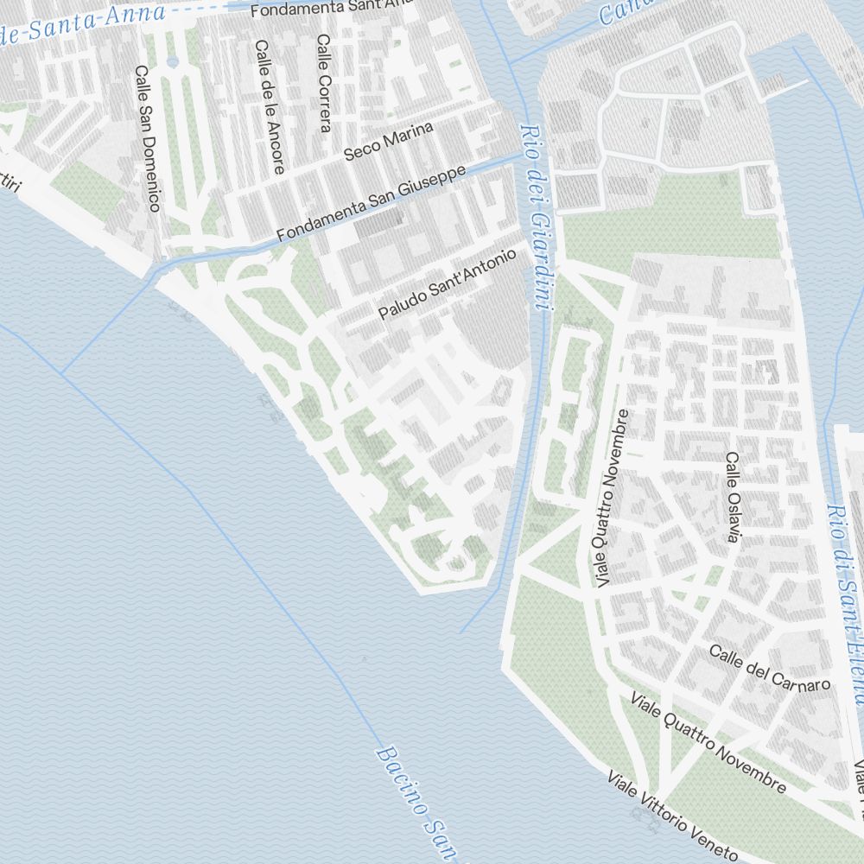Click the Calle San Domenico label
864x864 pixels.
pyautogui.click(x=148, y=137)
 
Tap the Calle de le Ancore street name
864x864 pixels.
pyautogui.click(x=268, y=106)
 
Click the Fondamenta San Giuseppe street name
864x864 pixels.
pyautogui.click(x=372, y=203)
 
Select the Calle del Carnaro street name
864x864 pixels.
pyautogui.click(x=770, y=666)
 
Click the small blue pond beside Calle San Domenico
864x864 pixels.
pyautogui.click(x=171, y=62)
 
